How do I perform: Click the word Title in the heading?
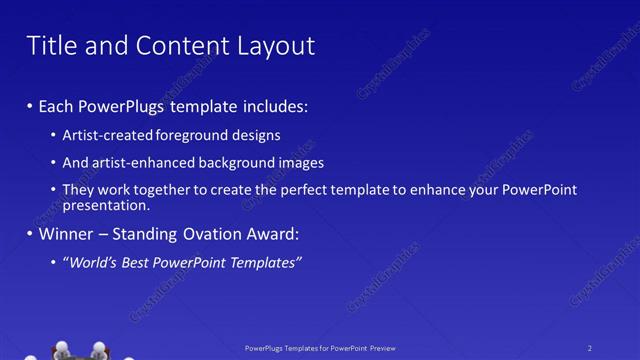[51, 45]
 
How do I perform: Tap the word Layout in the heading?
[273, 45]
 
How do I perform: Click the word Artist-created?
[105, 135]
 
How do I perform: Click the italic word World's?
[90, 263]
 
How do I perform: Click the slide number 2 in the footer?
[590, 348]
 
